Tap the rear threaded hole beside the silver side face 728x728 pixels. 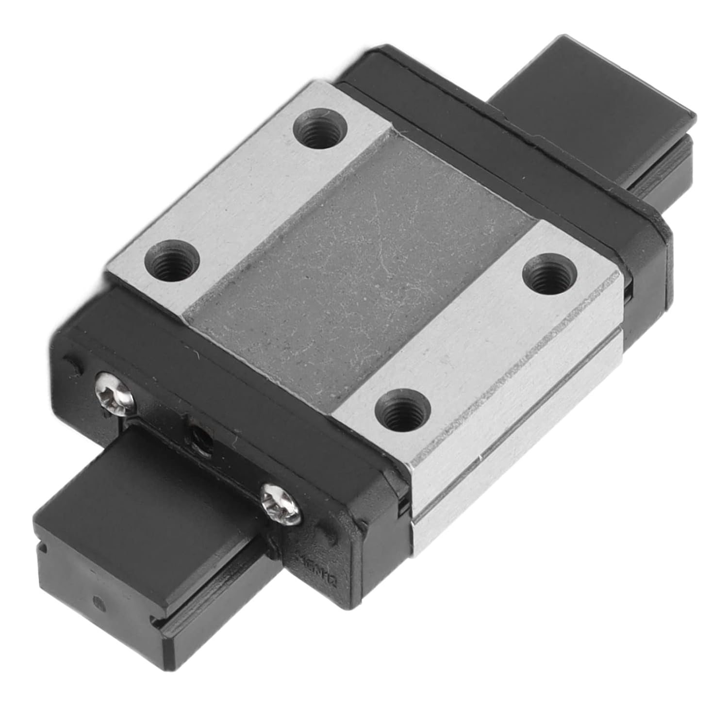[547, 278]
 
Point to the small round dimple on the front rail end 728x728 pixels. [100, 604]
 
